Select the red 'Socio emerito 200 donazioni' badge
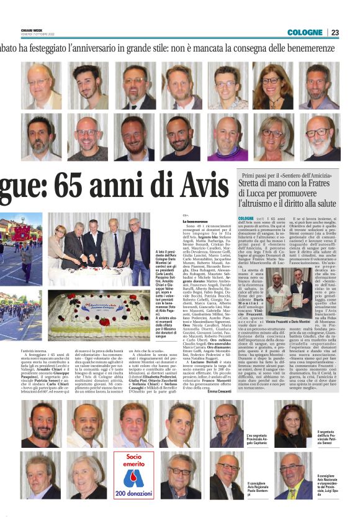click(133, 475)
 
